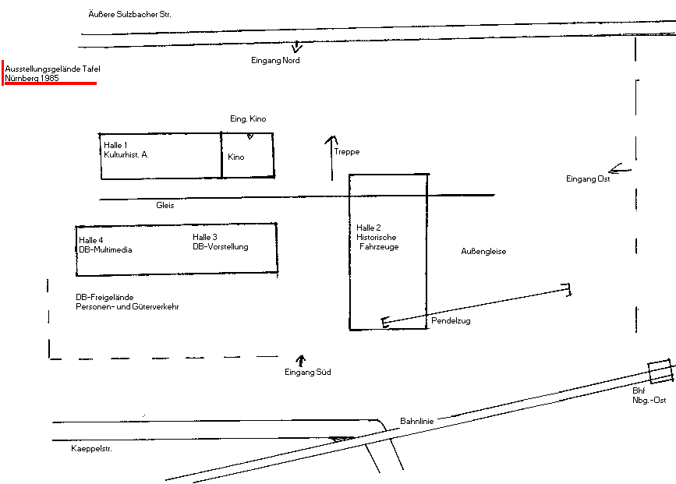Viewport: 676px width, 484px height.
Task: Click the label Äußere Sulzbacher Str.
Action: (x=129, y=14)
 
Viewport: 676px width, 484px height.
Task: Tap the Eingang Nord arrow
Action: (x=296, y=47)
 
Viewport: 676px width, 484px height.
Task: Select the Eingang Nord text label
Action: (x=275, y=60)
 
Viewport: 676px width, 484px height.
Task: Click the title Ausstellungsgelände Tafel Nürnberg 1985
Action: (x=52, y=73)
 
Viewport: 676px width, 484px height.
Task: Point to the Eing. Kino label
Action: (x=248, y=118)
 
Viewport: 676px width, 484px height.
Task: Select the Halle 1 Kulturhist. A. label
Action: (x=126, y=150)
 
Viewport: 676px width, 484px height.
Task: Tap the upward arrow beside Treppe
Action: (x=331, y=157)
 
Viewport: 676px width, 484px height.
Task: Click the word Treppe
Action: (x=347, y=152)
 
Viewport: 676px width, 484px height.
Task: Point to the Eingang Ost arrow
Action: (x=620, y=168)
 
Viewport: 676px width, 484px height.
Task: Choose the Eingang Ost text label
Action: (x=588, y=178)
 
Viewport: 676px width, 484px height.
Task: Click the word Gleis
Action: (x=165, y=205)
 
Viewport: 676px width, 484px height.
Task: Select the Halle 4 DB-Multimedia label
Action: (x=105, y=245)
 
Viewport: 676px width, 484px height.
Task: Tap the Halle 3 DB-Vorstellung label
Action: (x=221, y=242)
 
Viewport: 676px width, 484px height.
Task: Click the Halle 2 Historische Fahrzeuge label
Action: (x=377, y=237)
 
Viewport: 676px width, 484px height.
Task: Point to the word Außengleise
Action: (x=483, y=251)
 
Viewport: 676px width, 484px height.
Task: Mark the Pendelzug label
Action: (x=451, y=320)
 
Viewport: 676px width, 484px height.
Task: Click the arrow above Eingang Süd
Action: (x=301, y=360)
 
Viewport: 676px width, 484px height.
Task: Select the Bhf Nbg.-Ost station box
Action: (x=661, y=371)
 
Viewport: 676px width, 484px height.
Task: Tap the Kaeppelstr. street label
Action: (x=91, y=449)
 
